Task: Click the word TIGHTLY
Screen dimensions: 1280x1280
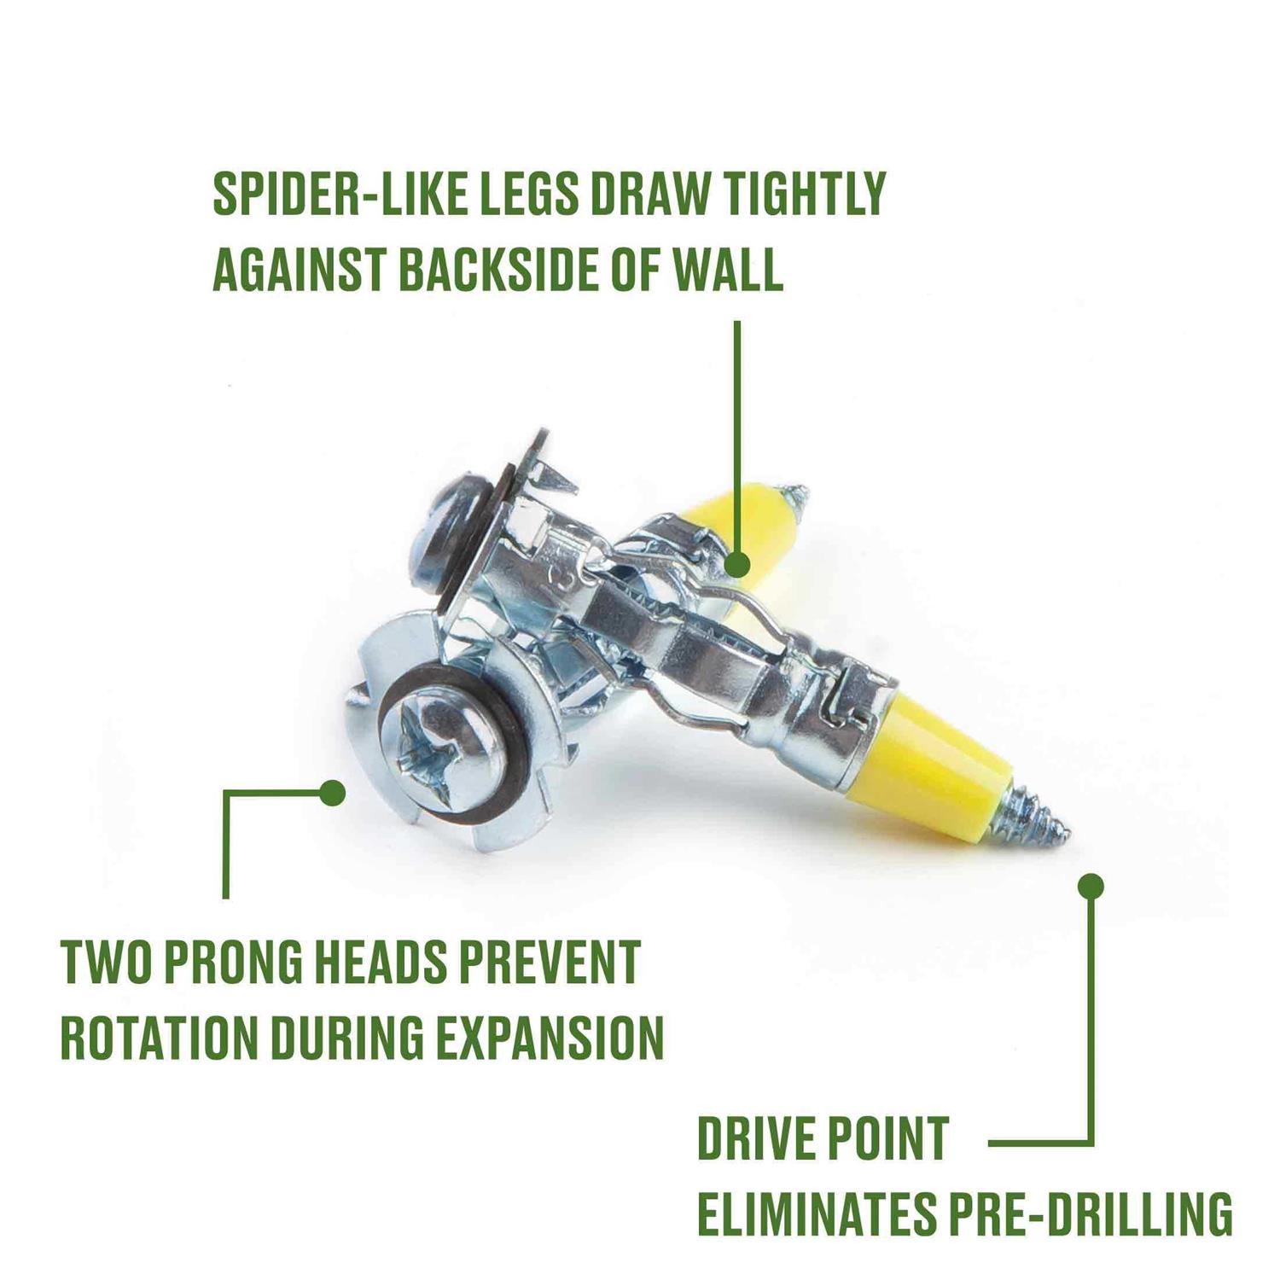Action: click(x=799, y=195)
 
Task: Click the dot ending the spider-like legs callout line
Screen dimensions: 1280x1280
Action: click(x=736, y=564)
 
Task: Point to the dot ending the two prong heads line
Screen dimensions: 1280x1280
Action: click(x=333, y=793)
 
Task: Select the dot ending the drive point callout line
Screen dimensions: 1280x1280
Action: click(x=1091, y=887)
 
